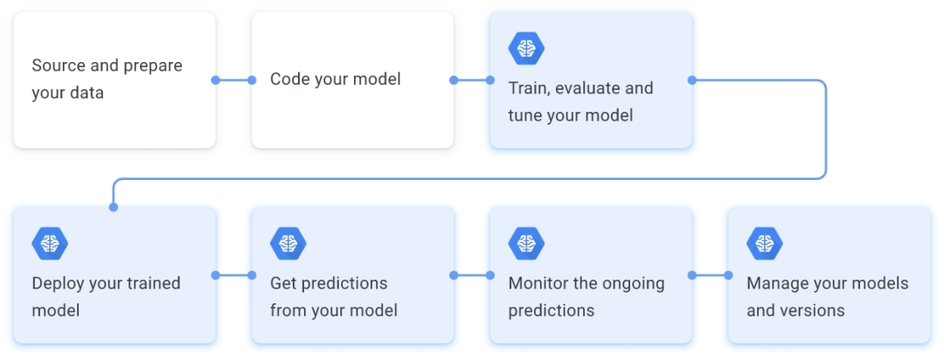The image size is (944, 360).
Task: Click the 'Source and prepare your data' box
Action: (114, 80)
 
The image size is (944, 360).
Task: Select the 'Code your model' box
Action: (352, 80)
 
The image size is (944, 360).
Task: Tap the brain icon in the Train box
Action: (526, 48)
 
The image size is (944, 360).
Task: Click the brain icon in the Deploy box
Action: (50, 243)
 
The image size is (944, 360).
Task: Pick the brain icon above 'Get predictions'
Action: (288, 243)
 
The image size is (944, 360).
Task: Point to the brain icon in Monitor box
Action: (526, 243)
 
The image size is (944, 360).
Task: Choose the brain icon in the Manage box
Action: (765, 243)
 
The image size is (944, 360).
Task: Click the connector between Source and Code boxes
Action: (233, 80)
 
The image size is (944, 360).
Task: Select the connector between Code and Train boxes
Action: (472, 80)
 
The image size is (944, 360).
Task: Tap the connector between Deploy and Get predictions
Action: (233, 275)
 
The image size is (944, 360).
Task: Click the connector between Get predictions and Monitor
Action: (472, 275)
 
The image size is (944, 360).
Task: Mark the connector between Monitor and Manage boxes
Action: (710, 275)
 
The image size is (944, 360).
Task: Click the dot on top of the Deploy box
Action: (113, 207)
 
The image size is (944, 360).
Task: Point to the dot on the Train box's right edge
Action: (692, 80)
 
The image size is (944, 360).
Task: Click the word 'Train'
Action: (529, 88)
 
